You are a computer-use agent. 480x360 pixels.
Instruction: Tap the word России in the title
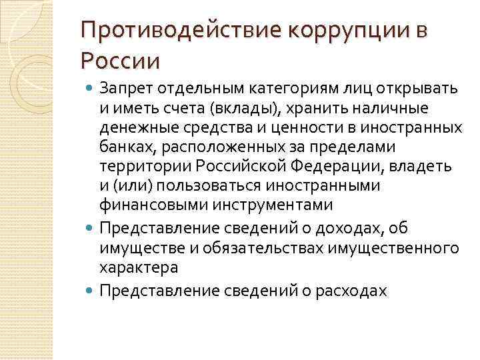click(x=121, y=61)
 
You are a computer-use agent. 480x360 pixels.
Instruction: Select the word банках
click(x=122, y=147)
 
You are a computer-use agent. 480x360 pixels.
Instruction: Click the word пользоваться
click(x=198, y=185)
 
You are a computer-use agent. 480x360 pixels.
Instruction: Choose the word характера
click(x=139, y=267)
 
